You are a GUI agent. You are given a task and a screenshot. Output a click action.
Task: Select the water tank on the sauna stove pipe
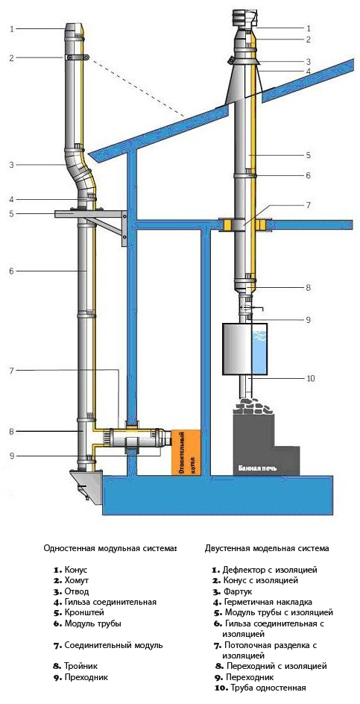(x=244, y=349)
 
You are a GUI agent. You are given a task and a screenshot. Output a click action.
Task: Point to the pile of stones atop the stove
(x=253, y=405)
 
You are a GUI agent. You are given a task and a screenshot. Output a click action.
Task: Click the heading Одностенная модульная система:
(x=110, y=548)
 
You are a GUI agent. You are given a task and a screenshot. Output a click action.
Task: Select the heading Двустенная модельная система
(x=267, y=548)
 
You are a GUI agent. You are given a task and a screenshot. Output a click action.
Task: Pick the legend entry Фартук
(x=232, y=591)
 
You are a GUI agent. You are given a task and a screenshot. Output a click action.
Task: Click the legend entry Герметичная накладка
(x=262, y=602)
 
